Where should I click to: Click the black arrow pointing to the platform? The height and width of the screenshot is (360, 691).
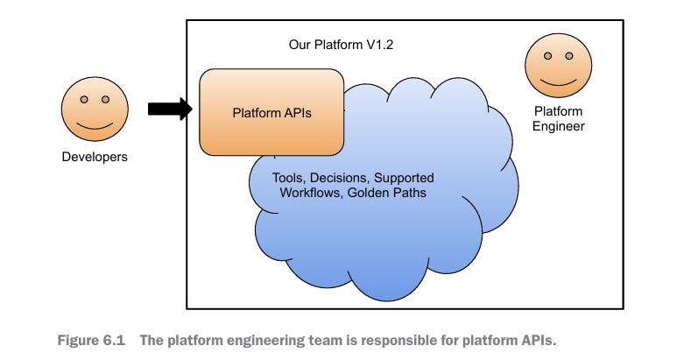169,109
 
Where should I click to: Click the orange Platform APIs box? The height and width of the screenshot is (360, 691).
271,112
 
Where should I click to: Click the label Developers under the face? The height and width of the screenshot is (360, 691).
94,158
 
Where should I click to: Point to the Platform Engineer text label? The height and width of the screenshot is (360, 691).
558,119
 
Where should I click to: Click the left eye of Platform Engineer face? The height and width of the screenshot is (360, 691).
548,56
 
